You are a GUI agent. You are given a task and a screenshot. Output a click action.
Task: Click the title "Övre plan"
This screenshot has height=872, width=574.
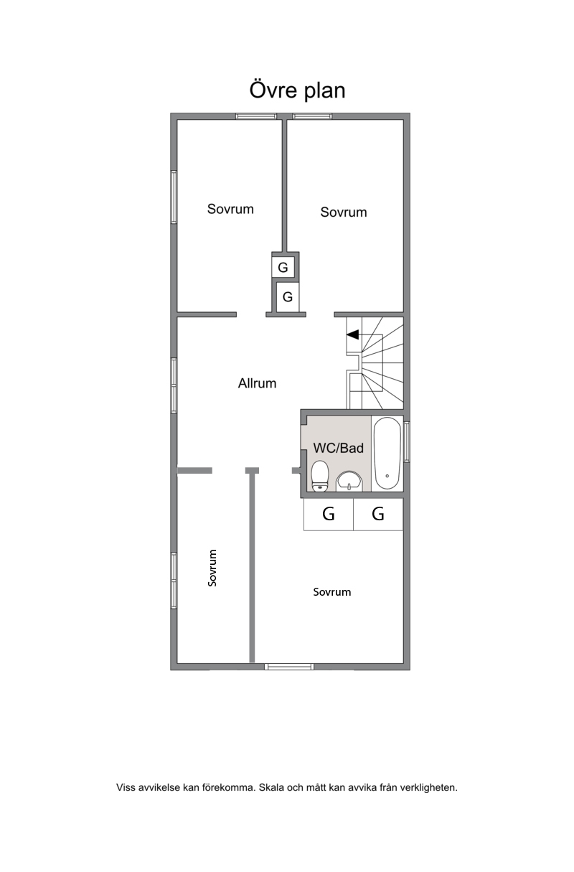(x=297, y=90)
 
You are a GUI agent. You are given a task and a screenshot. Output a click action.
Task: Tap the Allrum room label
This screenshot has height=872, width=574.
(x=258, y=383)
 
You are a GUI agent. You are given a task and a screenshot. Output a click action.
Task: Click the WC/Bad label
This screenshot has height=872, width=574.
(x=338, y=448)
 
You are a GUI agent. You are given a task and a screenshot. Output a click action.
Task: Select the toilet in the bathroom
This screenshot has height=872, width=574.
(x=320, y=476)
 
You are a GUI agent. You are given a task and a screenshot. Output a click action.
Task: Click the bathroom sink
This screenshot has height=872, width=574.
(x=349, y=482)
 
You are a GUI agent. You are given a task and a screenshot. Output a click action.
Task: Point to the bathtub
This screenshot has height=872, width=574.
(x=387, y=454)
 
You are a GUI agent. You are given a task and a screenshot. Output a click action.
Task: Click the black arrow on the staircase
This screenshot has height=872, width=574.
(x=352, y=334)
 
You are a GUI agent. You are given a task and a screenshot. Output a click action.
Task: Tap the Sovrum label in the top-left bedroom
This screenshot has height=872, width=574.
(x=230, y=209)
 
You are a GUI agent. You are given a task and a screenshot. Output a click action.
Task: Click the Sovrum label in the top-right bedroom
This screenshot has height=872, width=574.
(x=344, y=212)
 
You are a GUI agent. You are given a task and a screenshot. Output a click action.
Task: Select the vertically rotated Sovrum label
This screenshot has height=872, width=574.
(x=212, y=568)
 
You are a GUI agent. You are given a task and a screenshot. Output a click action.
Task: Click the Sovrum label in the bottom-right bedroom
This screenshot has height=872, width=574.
(x=332, y=592)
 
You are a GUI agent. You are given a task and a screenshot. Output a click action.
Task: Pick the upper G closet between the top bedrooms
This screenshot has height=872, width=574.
(x=283, y=268)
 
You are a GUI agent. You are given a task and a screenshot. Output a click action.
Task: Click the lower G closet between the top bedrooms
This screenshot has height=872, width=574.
(x=288, y=297)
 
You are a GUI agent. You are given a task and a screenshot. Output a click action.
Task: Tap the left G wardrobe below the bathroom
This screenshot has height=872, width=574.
(x=329, y=515)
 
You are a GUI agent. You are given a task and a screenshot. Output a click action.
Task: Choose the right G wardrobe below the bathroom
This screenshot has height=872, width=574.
(x=378, y=515)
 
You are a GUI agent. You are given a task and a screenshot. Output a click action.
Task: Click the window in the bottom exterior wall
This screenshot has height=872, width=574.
(x=289, y=667)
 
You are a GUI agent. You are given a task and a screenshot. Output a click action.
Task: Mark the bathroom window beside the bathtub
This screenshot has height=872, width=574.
(x=407, y=442)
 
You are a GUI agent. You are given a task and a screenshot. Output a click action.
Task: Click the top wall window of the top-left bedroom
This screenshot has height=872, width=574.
(x=256, y=116)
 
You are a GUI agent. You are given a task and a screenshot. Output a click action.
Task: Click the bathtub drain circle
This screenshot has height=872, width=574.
(x=387, y=476)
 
